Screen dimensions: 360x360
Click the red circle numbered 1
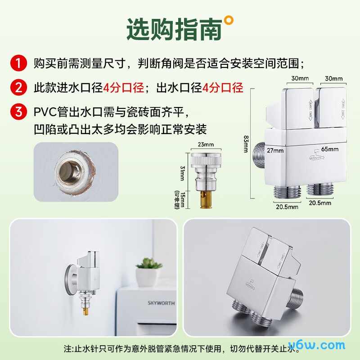click(x=18, y=63)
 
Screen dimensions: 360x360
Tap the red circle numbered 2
click(x=18, y=87)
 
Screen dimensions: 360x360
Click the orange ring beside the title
click(x=229, y=19)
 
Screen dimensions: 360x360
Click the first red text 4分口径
click(x=123, y=87)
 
